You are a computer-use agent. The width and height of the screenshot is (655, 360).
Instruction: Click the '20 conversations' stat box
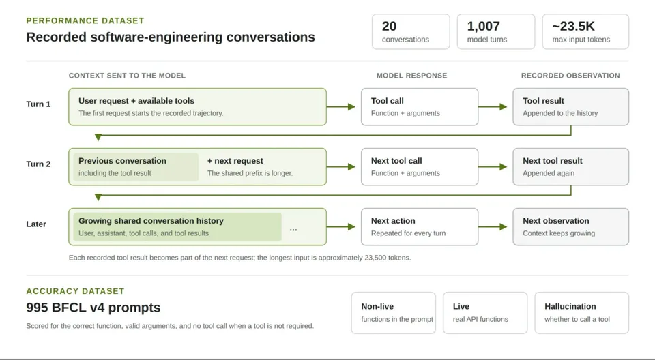(x=411, y=32)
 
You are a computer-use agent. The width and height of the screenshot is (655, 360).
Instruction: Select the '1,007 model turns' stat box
(x=496, y=32)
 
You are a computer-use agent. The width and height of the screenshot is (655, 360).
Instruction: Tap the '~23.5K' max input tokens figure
(x=573, y=27)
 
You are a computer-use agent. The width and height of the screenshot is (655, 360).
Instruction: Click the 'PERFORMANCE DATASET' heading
(x=85, y=20)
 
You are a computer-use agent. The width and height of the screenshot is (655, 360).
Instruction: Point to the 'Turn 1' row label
(x=38, y=104)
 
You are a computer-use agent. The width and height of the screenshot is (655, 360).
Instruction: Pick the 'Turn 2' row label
(x=38, y=164)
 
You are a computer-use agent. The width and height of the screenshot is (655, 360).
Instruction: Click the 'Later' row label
(x=36, y=224)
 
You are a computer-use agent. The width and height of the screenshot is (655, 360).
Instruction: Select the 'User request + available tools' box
(x=198, y=107)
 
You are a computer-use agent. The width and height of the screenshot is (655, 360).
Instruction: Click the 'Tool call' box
(x=420, y=107)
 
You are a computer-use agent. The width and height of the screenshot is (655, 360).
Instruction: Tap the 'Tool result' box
(x=570, y=107)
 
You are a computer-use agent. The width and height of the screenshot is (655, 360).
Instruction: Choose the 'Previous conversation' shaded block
(x=136, y=166)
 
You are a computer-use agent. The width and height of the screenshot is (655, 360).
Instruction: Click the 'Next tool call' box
(x=420, y=166)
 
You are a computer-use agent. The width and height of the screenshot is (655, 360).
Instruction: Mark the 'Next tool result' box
(x=570, y=166)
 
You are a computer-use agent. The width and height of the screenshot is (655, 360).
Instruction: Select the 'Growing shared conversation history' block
(x=177, y=227)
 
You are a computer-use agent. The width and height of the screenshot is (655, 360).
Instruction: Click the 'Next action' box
(x=420, y=227)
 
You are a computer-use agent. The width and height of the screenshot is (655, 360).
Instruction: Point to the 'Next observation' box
(x=570, y=227)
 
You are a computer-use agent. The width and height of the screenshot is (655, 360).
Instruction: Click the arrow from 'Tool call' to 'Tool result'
(x=493, y=107)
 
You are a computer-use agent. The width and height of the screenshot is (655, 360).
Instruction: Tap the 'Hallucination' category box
(x=581, y=313)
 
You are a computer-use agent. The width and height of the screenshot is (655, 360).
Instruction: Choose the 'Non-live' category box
(x=394, y=313)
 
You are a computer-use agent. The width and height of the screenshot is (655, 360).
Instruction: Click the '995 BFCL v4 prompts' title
(x=93, y=307)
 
